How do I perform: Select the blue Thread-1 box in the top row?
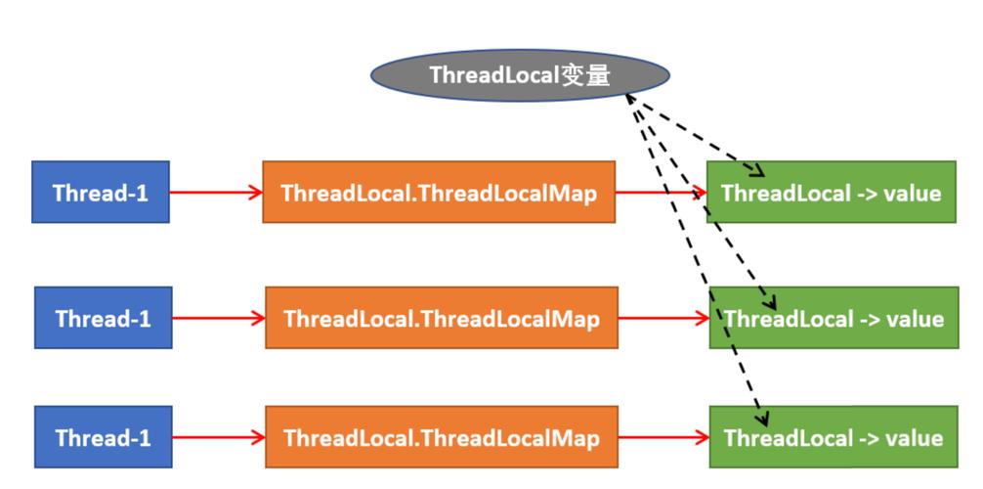pos(101,193)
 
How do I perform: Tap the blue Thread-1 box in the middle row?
pos(104,318)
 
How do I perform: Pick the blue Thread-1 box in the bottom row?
pos(104,436)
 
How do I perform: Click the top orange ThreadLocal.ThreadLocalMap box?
pos(439,193)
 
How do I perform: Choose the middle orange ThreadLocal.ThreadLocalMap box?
pos(441,318)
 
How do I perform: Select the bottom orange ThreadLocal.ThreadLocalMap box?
pos(441,436)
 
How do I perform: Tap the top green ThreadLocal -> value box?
pos(832,193)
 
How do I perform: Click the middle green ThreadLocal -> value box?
pos(833,318)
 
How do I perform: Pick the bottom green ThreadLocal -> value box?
pos(833,436)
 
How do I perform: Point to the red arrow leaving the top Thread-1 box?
pos(216,193)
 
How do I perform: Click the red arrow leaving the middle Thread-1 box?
pos(218,318)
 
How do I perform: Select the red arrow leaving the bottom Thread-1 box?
pos(218,436)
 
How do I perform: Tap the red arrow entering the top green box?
pos(661,193)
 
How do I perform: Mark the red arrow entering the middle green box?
pos(663,318)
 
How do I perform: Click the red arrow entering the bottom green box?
pos(663,436)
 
